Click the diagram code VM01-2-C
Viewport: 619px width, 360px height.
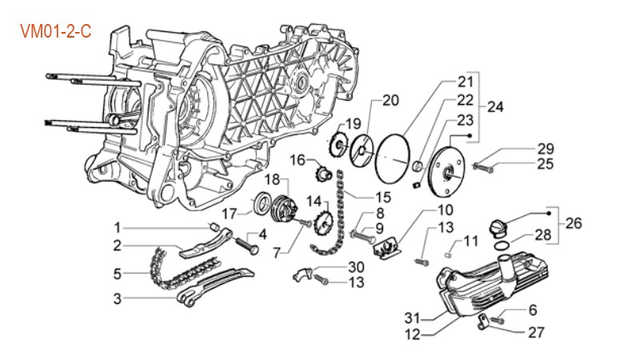54,31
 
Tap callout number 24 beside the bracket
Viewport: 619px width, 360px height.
495,106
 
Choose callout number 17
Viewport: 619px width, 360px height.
230,214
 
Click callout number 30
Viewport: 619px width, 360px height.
356,267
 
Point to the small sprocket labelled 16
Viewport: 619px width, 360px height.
325,170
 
